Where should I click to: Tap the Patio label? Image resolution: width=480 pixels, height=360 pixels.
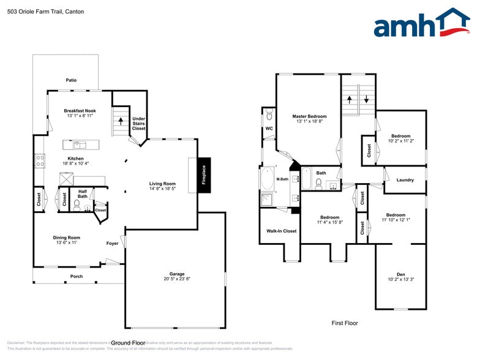pyautogui.click(x=71, y=80)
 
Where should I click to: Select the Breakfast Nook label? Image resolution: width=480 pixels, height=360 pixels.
pyautogui.click(x=80, y=111)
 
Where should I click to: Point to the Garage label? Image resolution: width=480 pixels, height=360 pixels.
pyautogui.click(x=177, y=274)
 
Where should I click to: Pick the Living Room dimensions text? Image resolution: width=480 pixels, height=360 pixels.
pyautogui.click(x=163, y=189)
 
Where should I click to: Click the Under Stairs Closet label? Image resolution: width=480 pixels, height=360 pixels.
pyautogui.click(x=139, y=123)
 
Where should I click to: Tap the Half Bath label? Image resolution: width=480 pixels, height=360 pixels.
pyautogui.click(x=83, y=193)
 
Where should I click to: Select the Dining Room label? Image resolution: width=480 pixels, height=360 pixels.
pyautogui.click(x=68, y=238)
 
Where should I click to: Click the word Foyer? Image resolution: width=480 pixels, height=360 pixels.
pyautogui.click(x=112, y=243)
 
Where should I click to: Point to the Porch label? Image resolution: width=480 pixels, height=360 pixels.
pyautogui.click(x=77, y=276)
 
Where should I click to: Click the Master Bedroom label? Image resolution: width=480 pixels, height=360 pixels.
pyautogui.click(x=309, y=116)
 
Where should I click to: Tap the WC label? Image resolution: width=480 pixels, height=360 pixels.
pyautogui.click(x=269, y=129)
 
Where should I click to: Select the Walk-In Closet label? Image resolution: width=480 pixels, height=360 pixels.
pyautogui.click(x=281, y=231)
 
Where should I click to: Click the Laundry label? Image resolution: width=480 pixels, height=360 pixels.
pyautogui.click(x=405, y=180)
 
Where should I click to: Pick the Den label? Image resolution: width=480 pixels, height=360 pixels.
pyautogui.click(x=401, y=274)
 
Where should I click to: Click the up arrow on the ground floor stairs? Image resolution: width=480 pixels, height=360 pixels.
pyautogui.click(x=121, y=120)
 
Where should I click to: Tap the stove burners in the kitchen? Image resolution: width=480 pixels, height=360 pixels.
pyautogui.click(x=40, y=160)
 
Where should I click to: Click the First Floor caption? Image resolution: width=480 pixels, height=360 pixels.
pyautogui.click(x=345, y=323)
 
